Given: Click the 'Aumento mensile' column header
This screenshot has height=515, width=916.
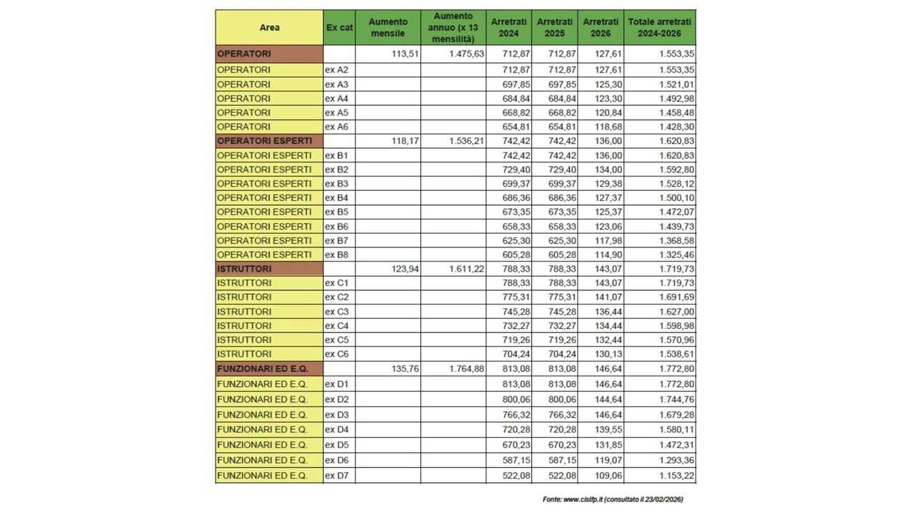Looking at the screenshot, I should point(387,28).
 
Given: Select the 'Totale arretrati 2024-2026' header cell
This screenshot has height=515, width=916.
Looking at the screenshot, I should point(659,28).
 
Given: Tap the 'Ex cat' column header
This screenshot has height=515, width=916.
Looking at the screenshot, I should point(338,28).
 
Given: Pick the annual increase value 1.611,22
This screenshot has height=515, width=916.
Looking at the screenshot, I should point(467,268).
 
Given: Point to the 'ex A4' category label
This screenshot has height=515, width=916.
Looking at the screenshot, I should point(337,98).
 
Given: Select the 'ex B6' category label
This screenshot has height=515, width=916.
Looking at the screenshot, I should point(337,226).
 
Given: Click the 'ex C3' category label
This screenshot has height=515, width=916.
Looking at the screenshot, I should point(337,311).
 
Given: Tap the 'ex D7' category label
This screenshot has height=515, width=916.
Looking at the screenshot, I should point(337,476).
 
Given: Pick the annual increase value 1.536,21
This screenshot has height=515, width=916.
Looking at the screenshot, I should point(467,141).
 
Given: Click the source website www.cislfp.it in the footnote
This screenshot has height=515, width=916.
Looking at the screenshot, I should point(582,499).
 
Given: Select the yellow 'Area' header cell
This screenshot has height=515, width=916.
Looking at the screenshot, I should point(269,28).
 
